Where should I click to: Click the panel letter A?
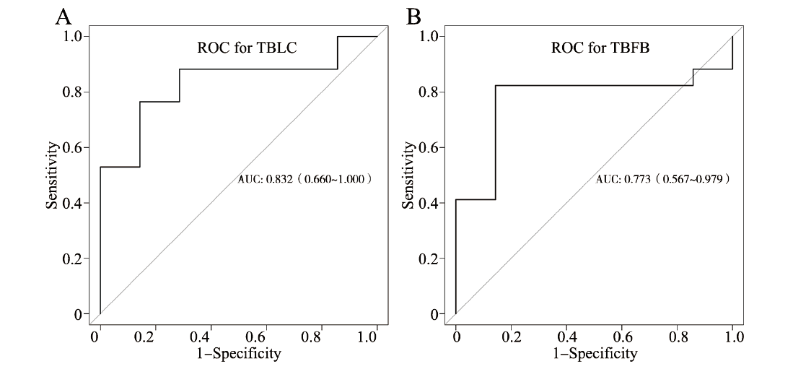click(x=64, y=16)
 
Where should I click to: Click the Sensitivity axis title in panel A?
click(x=52, y=175)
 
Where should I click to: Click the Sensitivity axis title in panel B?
click(x=408, y=175)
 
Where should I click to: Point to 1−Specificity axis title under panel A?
click(x=238, y=354)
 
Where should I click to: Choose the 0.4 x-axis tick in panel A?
click(x=210, y=337)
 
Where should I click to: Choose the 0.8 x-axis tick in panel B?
click(x=678, y=337)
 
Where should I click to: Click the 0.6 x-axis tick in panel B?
click(x=622, y=337)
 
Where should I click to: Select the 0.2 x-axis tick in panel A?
click(x=154, y=337)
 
